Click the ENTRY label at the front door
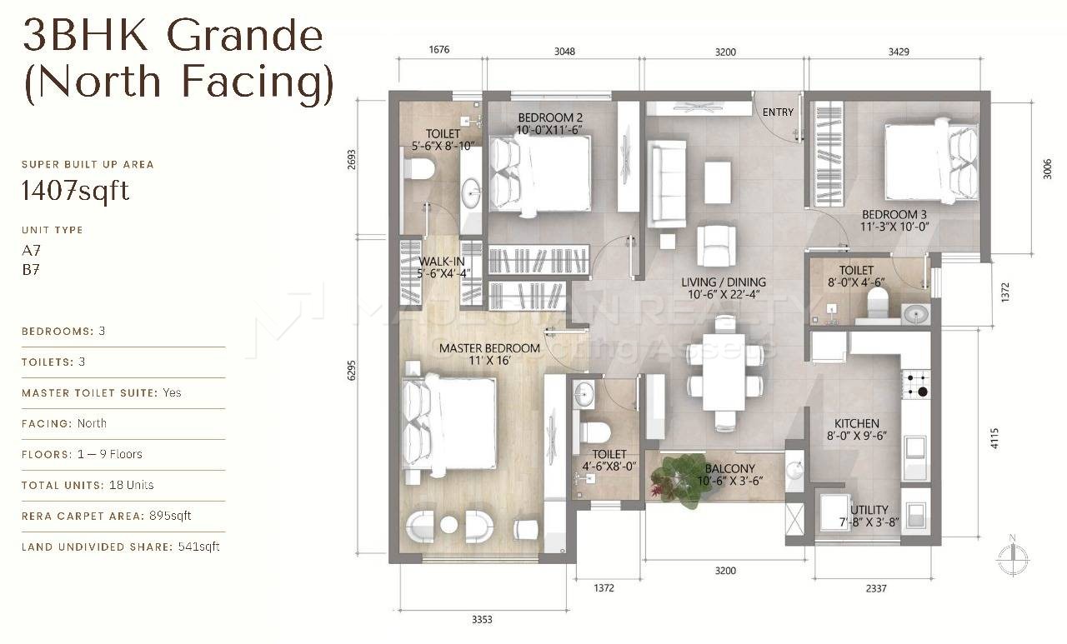click(x=778, y=112)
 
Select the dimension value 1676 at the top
click(x=438, y=49)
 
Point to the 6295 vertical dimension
click(x=352, y=370)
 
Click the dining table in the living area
click(x=724, y=372)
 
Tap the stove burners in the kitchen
click(x=916, y=385)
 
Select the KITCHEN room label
click(x=856, y=423)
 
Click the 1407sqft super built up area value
click(x=75, y=191)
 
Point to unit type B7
click(x=31, y=270)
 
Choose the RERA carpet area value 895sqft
click(x=170, y=516)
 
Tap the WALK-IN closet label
click(x=442, y=262)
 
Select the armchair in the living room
click(x=716, y=245)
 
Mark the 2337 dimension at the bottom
click(x=875, y=588)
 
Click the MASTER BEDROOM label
click(x=489, y=348)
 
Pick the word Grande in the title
click(x=245, y=36)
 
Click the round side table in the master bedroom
click(x=448, y=525)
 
